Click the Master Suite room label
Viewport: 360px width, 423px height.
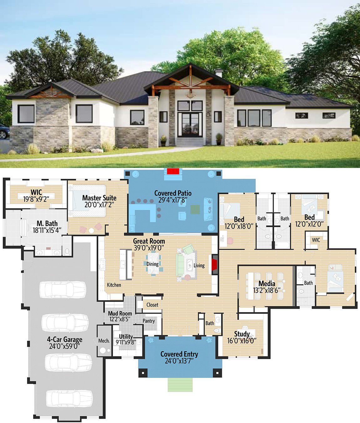(99, 198)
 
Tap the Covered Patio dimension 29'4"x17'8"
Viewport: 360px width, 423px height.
(173, 200)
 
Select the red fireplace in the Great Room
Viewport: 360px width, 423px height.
(214, 265)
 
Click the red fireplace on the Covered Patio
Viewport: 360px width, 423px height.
(173, 171)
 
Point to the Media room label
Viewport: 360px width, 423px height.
(267, 284)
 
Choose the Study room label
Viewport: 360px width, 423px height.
(242, 334)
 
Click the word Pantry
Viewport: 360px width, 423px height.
(149, 321)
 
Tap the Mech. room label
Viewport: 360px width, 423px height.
(104, 341)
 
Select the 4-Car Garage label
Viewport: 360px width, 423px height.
(64, 339)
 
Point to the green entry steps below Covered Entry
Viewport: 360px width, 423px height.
(180, 384)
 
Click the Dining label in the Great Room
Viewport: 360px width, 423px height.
(152, 264)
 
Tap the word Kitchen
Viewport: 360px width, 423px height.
(114, 285)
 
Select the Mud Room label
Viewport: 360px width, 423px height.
(120, 313)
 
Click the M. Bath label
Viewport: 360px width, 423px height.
(47, 223)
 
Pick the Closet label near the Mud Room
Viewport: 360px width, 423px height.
(152, 305)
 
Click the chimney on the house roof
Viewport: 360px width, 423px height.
(219, 73)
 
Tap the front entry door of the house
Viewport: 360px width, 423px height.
(190, 125)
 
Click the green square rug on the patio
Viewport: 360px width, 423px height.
(195, 210)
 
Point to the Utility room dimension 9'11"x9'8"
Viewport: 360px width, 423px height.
(126, 342)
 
